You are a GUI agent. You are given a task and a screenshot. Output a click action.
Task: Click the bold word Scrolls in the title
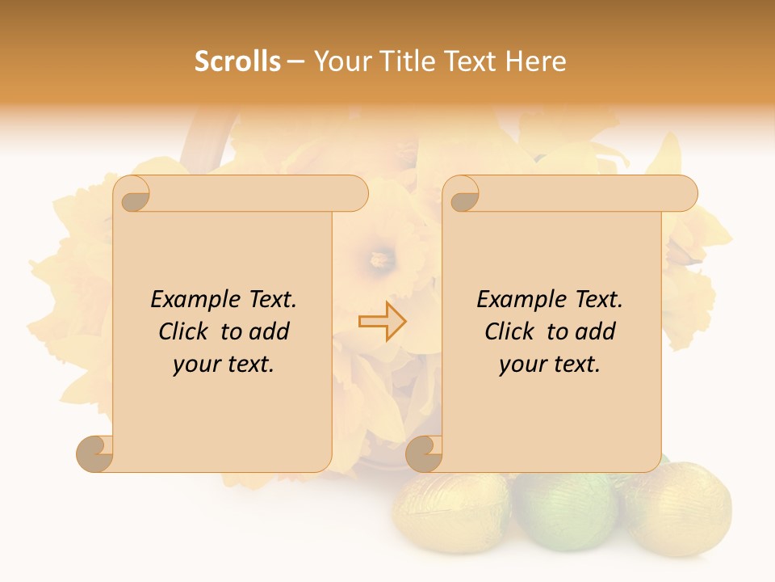point(238,61)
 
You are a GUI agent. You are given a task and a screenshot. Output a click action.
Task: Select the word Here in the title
point(536,61)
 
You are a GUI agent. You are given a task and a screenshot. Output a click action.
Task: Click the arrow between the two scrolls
point(382,322)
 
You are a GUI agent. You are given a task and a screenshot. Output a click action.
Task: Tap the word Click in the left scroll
point(186,331)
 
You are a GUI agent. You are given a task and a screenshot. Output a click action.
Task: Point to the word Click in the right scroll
point(513,331)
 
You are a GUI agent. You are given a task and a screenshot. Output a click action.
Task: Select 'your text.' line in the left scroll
point(224,365)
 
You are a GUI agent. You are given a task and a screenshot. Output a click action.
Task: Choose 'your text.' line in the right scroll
point(550,365)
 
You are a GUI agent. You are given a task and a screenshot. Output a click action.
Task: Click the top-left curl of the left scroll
point(134,196)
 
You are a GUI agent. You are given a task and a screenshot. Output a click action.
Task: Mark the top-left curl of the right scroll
point(463,196)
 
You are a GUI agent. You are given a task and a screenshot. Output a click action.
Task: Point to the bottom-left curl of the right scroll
point(424,453)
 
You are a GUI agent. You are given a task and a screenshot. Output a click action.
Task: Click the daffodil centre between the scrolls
point(379,259)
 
